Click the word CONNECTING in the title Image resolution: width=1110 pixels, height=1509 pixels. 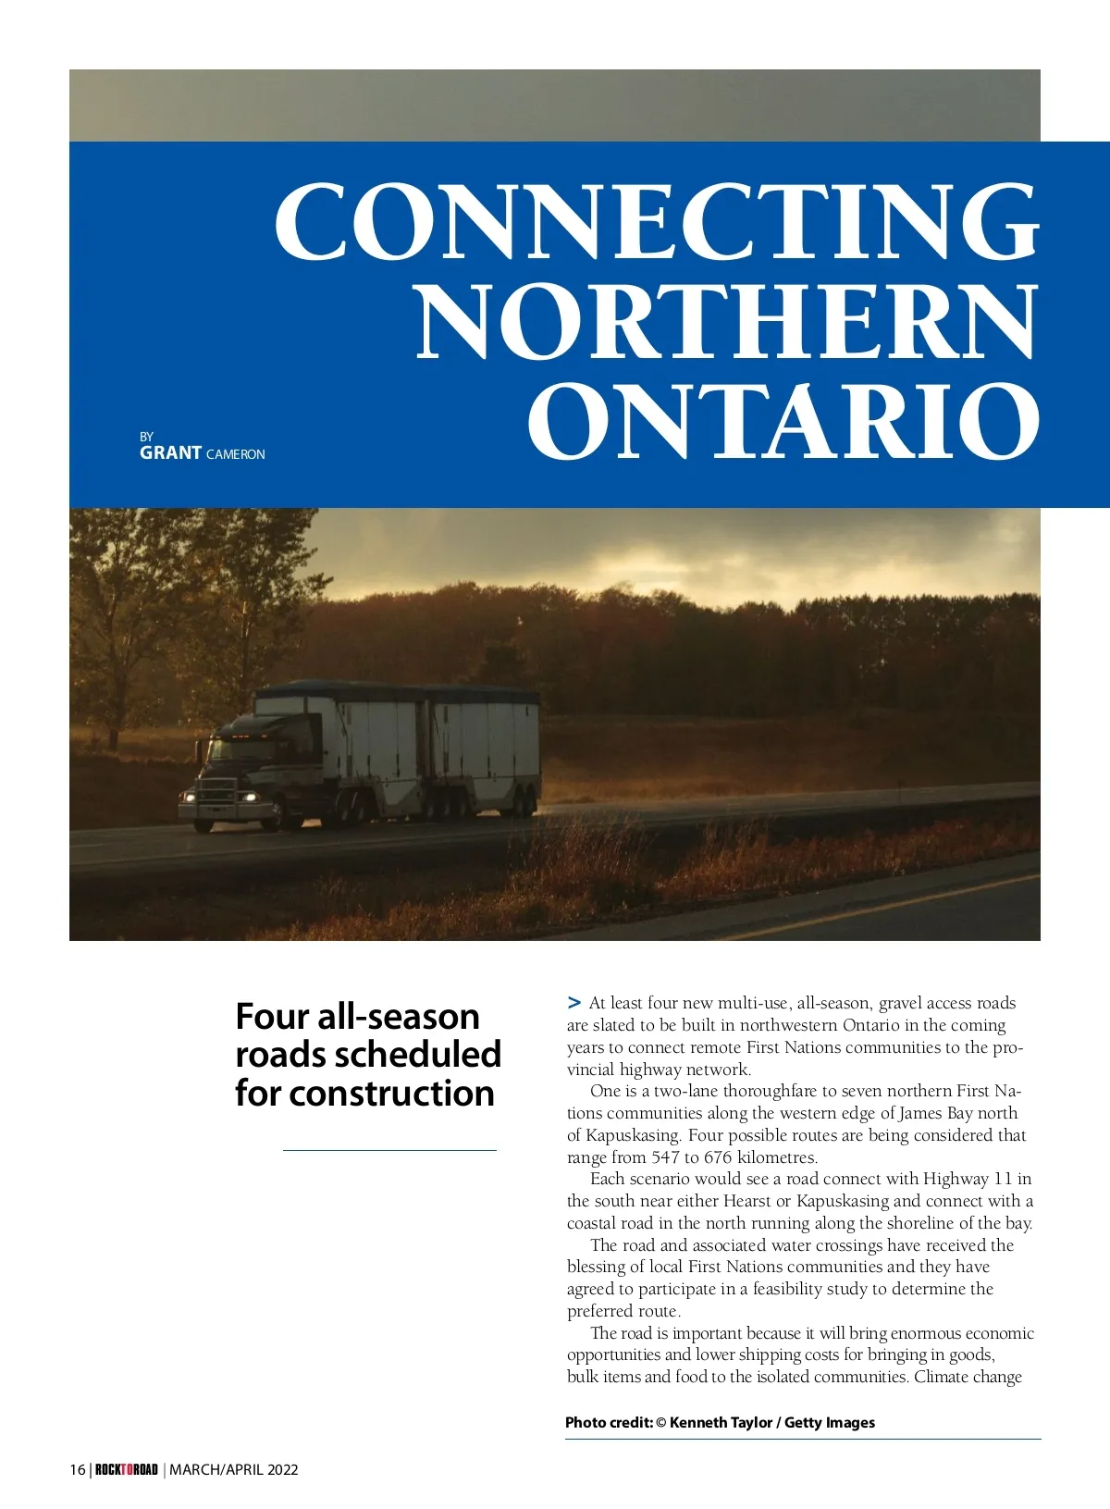click(x=657, y=222)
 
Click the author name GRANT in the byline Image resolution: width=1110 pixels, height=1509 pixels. click(x=170, y=453)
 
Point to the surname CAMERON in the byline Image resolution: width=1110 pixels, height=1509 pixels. click(x=236, y=454)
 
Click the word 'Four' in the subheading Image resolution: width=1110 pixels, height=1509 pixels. click(x=271, y=1017)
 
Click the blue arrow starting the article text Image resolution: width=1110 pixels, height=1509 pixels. click(x=574, y=1002)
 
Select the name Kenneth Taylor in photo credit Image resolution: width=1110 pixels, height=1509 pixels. click(x=721, y=1423)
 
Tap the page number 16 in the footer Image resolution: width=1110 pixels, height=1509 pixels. click(x=78, y=1470)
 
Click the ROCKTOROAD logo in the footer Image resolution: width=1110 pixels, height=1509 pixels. click(x=127, y=1470)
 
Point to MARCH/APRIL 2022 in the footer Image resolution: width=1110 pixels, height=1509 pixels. click(x=234, y=1470)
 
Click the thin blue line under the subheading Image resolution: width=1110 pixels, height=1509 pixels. click(x=389, y=1150)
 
